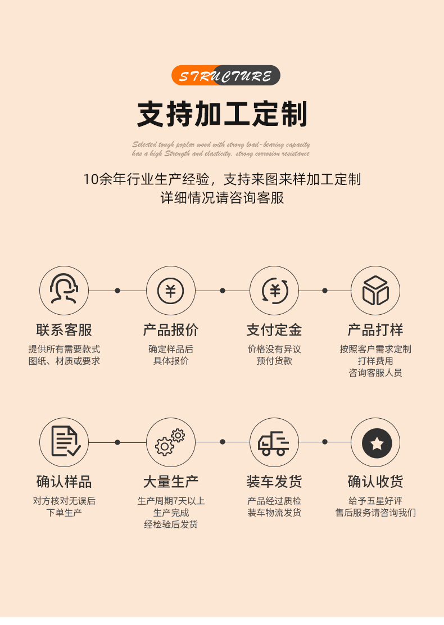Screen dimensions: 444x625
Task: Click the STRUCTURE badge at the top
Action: pos(225,75)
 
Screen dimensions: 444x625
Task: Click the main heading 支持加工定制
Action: pos(223,115)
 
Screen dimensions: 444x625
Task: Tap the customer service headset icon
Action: pos(64,291)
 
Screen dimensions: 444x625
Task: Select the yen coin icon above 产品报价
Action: pos(170,291)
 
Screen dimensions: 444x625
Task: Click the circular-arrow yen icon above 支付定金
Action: pos(274,291)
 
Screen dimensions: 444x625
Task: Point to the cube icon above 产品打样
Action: pos(375,291)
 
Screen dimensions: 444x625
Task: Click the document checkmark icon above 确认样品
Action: pos(64,442)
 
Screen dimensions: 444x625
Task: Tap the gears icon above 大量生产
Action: pos(170,442)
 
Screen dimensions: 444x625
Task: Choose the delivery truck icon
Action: pos(274,442)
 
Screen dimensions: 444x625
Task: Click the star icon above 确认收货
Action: pos(376,442)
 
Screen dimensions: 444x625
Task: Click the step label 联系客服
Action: pos(64,330)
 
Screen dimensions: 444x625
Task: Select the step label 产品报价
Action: pos(170,330)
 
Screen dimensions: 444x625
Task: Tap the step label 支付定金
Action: pos(274,330)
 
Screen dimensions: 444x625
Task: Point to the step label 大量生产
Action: pos(170,482)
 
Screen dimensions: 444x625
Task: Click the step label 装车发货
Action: pos(274,482)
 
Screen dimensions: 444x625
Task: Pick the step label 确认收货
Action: pos(375,482)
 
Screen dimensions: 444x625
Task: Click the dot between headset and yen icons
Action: pos(117,291)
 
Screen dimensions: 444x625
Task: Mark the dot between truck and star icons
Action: pos(324,442)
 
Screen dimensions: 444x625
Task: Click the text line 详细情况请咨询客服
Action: pos(223,198)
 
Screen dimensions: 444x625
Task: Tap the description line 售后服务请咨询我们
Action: pos(375,513)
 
